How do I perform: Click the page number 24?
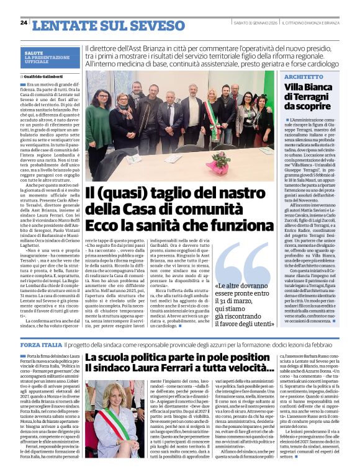point(24,22)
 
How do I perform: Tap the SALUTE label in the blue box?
point(34,53)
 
